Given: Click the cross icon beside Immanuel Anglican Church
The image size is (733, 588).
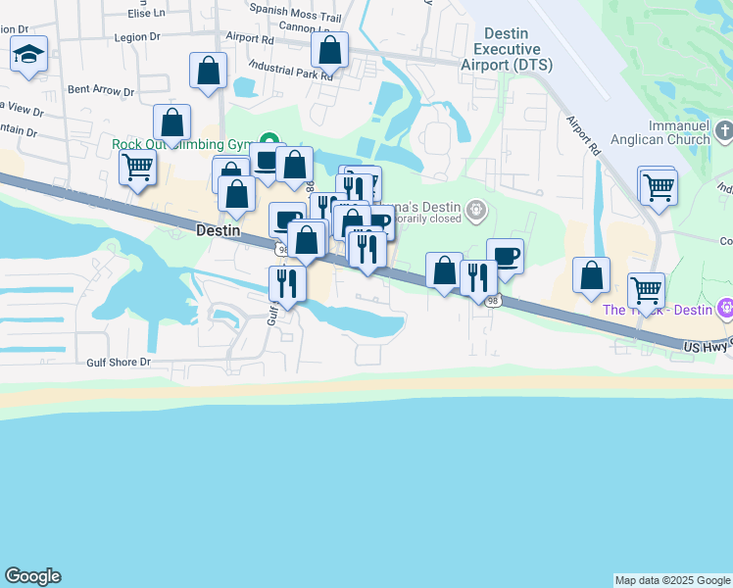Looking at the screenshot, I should [724, 130].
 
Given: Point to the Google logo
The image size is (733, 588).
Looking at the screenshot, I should [32, 576].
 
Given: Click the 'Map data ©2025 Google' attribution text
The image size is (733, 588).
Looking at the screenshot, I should [672, 580].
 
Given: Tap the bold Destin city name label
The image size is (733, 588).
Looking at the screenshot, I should [218, 230].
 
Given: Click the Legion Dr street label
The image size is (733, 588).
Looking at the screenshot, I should [136, 37].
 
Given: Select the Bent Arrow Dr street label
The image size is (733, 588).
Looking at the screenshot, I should [101, 90].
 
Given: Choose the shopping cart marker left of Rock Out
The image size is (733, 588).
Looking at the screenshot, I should [138, 167].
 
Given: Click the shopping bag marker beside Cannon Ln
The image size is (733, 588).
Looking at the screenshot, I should [331, 49].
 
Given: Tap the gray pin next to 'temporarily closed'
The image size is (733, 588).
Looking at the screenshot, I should [476, 208].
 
